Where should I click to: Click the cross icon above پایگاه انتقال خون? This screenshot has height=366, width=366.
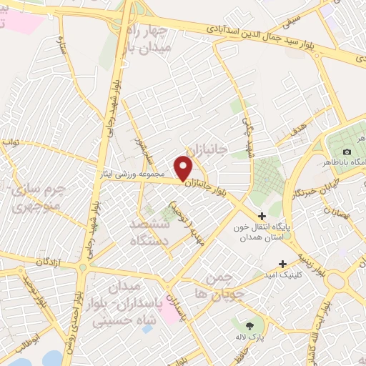point(262,216)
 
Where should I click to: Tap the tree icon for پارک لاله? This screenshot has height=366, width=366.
point(249,326)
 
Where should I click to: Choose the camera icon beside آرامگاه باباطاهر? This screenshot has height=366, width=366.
point(347,152)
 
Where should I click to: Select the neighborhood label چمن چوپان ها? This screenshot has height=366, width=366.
point(223,286)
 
